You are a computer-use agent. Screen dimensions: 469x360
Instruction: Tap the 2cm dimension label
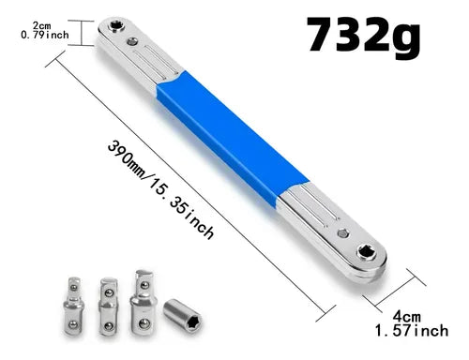pyautogui.click(x=41, y=25)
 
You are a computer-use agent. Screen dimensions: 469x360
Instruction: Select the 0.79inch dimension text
pyautogui.click(x=45, y=35)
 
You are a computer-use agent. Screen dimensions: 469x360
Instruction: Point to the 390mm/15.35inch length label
pyautogui.click(x=160, y=189)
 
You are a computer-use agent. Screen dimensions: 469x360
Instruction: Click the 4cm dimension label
pyautogui.click(x=406, y=317)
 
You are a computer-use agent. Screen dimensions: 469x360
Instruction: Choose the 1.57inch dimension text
pyautogui.click(x=412, y=331)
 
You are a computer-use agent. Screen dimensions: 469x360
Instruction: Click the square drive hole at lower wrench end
pyautogui.click(x=366, y=252)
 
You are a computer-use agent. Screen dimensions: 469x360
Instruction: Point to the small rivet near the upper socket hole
pyautogui.click(x=132, y=40)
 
